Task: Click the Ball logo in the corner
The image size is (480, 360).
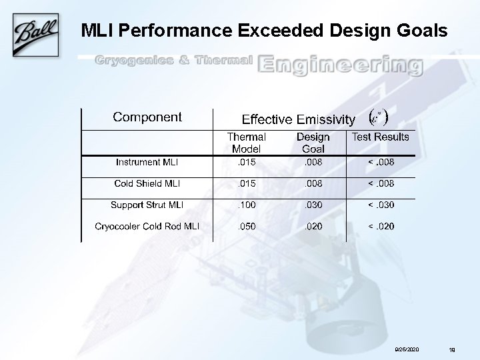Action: (33, 33)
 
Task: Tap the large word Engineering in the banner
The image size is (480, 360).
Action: (340, 65)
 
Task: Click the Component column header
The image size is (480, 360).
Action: (147, 117)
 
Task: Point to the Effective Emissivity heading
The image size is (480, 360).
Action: (298, 120)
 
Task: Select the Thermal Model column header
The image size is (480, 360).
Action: (246, 143)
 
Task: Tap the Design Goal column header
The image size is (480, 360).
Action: (313, 143)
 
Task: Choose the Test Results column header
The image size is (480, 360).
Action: (381, 137)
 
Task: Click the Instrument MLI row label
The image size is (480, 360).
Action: (147, 162)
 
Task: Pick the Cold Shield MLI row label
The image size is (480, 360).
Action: (147, 183)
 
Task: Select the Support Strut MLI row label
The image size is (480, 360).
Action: (147, 205)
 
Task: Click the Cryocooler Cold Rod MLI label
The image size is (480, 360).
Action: (147, 226)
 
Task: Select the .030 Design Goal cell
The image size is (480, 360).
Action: (313, 205)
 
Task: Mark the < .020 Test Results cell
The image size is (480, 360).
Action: (381, 226)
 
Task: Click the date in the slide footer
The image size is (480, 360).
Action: (407, 349)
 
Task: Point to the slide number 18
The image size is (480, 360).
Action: (452, 349)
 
